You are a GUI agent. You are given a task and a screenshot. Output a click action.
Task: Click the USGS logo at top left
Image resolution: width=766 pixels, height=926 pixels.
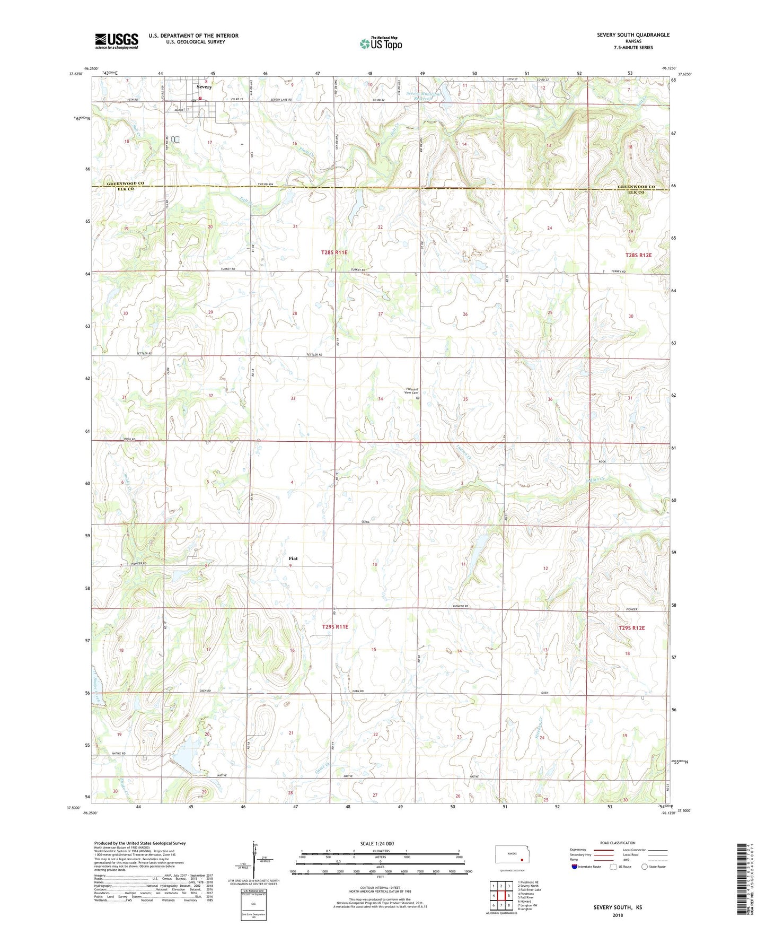(x=117, y=41)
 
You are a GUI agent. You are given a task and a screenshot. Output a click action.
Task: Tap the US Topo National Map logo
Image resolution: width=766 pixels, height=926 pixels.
(x=381, y=43)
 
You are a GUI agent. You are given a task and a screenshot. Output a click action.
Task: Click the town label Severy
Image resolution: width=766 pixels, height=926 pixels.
(x=204, y=87)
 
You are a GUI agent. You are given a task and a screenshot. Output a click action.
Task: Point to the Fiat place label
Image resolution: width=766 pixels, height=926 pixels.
(x=293, y=558)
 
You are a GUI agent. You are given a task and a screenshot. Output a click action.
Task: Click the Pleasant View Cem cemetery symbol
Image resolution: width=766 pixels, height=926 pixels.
(x=418, y=397)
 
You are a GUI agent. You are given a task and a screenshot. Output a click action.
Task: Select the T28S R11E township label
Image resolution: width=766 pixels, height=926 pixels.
(x=334, y=252)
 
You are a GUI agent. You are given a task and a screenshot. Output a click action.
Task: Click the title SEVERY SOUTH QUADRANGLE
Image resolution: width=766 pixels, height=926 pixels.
(x=633, y=35)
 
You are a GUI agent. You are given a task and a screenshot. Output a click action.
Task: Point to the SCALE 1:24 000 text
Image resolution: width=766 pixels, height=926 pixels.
(x=377, y=844)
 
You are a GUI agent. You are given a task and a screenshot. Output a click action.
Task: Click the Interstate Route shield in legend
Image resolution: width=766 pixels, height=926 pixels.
(x=575, y=867)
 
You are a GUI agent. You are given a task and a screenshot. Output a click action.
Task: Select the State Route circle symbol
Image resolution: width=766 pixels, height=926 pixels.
(x=645, y=867)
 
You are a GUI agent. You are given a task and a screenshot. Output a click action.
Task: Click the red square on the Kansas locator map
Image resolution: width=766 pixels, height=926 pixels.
(x=522, y=861)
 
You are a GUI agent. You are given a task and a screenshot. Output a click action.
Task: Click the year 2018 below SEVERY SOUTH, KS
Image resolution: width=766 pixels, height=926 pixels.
(x=618, y=915)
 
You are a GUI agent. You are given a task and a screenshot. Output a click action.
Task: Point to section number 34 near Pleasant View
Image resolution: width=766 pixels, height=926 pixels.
(x=380, y=399)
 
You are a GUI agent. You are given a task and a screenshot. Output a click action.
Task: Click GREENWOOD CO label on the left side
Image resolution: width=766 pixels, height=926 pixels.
(x=126, y=184)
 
